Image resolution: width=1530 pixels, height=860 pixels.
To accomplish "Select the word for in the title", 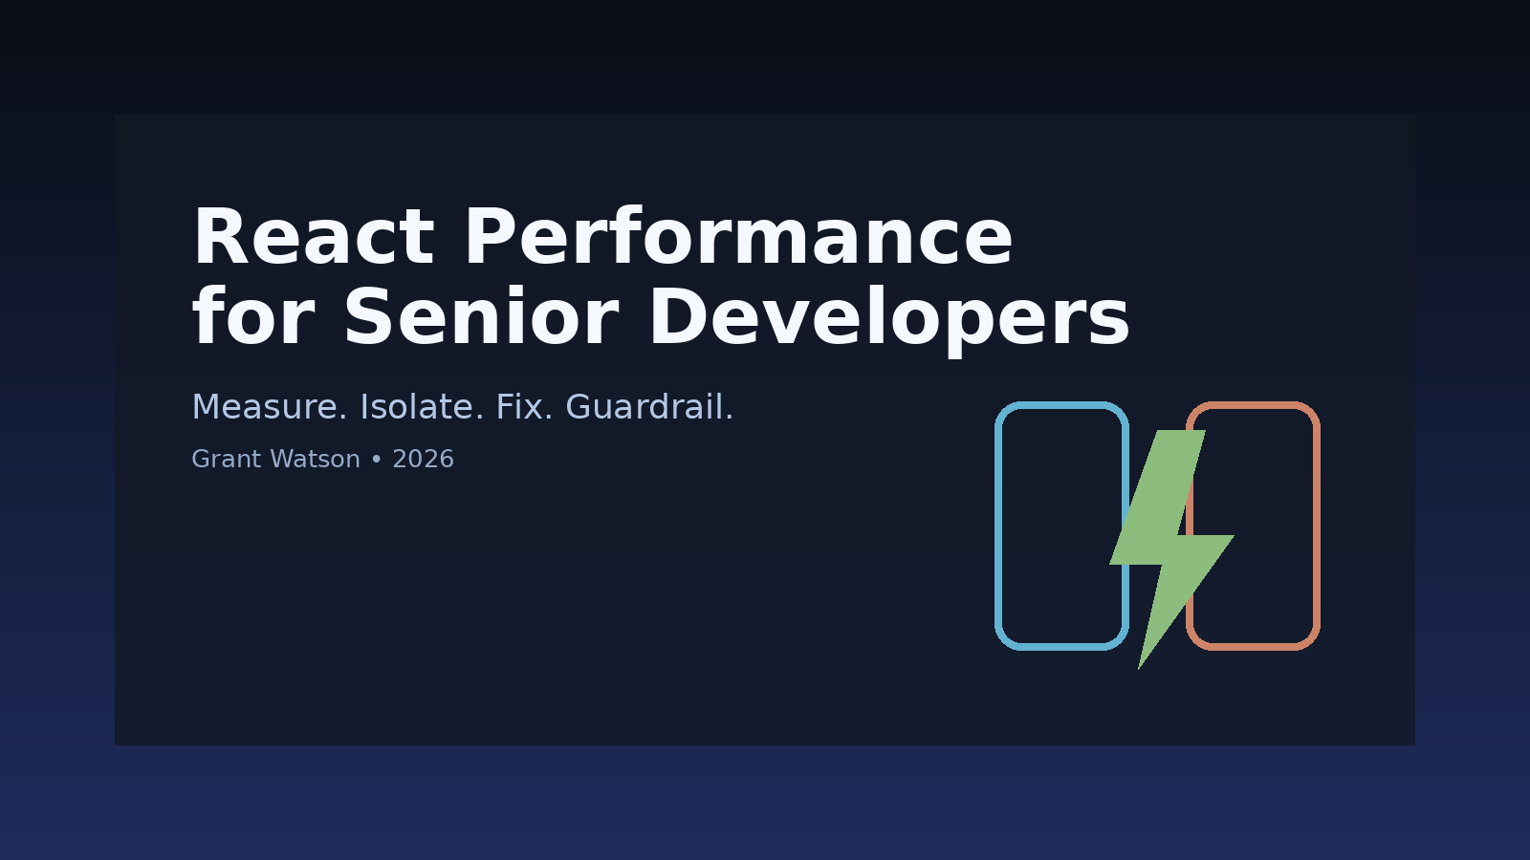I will [252, 318].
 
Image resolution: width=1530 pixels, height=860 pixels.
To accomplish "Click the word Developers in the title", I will [889, 318].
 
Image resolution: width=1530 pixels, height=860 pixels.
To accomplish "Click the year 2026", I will [423, 460].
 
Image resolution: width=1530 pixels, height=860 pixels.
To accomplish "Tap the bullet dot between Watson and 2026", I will [376, 460].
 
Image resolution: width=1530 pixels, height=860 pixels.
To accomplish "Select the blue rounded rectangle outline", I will [998, 526].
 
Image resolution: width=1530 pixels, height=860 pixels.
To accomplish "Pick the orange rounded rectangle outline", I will [1317, 526].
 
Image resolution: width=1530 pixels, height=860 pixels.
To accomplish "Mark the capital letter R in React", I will [215, 239].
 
